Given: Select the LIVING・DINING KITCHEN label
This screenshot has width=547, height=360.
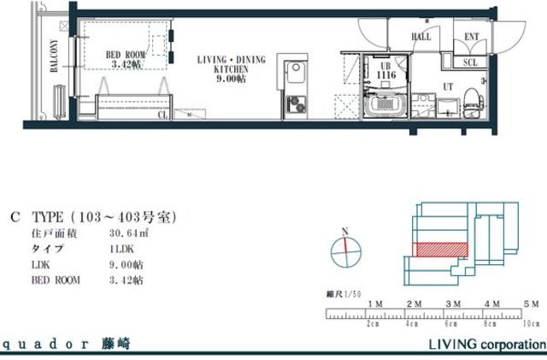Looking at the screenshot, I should pyautogui.click(x=232, y=66).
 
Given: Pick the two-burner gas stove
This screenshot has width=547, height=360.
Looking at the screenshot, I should pyautogui.click(x=293, y=103).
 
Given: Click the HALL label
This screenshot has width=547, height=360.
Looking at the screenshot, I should pyautogui.click(x=421, y=38).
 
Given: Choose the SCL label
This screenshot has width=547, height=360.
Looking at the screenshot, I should pyautogui.click(x=471, y=62).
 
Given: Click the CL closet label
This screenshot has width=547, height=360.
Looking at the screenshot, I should pyautogui.click(x=163, y=114).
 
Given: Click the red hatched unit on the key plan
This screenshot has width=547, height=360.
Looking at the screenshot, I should pyautogui.click(x=442, y=249).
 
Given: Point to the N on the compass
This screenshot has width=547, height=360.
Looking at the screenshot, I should pyautogui.click(x=343, y=231).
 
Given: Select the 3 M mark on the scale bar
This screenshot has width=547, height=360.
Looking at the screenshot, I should pyautogui.click(x=452, y=304).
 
